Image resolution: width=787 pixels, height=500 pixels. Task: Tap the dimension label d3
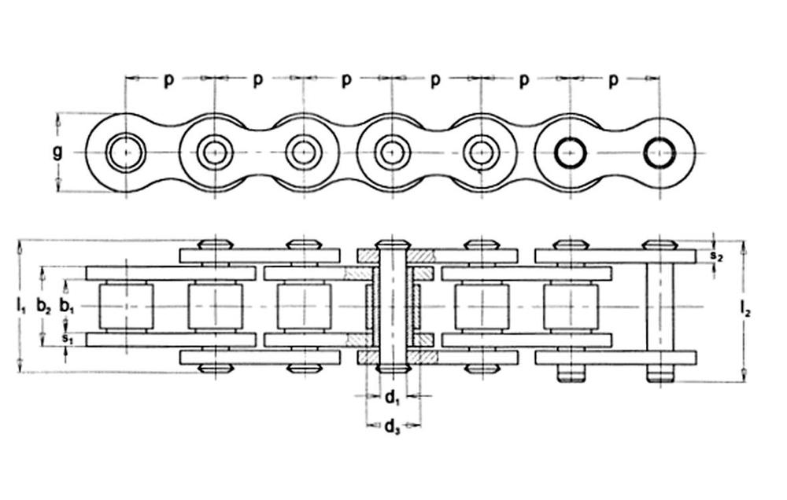coord(392,427)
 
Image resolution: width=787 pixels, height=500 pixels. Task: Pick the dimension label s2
coord(714,256)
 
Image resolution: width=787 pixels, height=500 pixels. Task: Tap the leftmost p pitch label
coord(168,80)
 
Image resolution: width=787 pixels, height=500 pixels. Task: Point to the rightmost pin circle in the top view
coord(660,153)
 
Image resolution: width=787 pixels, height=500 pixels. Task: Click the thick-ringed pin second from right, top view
coord(570,153)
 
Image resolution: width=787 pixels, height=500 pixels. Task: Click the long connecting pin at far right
coord(660,307)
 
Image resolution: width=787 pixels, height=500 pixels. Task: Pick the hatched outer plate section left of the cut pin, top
coord(367,256)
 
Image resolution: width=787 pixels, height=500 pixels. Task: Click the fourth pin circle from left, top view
coord(392,153)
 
